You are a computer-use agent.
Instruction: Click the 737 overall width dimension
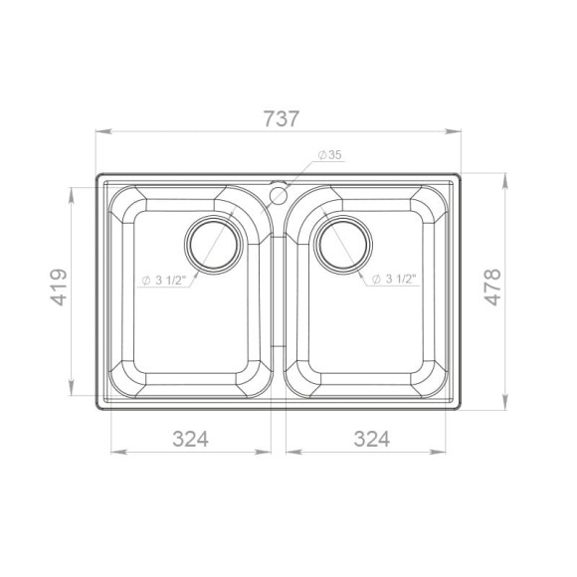tap(282, 118)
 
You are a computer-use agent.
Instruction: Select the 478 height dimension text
tap(492, 288)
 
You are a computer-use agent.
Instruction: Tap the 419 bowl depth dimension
tap(59, 288)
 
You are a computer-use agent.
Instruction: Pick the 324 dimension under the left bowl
tap(191, 439)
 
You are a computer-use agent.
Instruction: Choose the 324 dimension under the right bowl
tap(372, 439)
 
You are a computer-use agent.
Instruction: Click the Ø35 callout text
tap(329, 155)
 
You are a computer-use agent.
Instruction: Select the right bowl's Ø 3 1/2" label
tap(394, 280)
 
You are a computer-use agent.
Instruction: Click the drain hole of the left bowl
tap(214, 245)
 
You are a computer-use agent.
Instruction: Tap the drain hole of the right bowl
tap(343, 245)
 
